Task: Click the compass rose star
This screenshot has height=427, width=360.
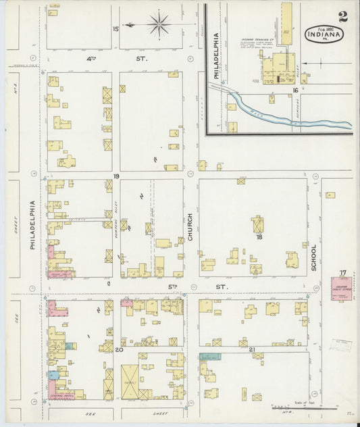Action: click(x=159, y=26)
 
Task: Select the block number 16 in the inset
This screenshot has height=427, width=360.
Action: click(x=295, y=90)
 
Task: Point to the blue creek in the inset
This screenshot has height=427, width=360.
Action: click(x=290, y=115)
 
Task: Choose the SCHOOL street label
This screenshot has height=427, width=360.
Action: click(x=313, y=257)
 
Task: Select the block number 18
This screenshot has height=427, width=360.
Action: click(x=258, y=237)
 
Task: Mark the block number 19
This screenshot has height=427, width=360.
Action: click(x=116, y=176)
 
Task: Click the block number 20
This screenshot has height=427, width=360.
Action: click(x=118, y=349)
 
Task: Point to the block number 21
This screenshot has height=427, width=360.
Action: click(x=252, y=349)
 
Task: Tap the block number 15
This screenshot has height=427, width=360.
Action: click(x=115, y=28)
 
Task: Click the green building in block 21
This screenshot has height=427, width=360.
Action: click(x=210, y=356)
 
